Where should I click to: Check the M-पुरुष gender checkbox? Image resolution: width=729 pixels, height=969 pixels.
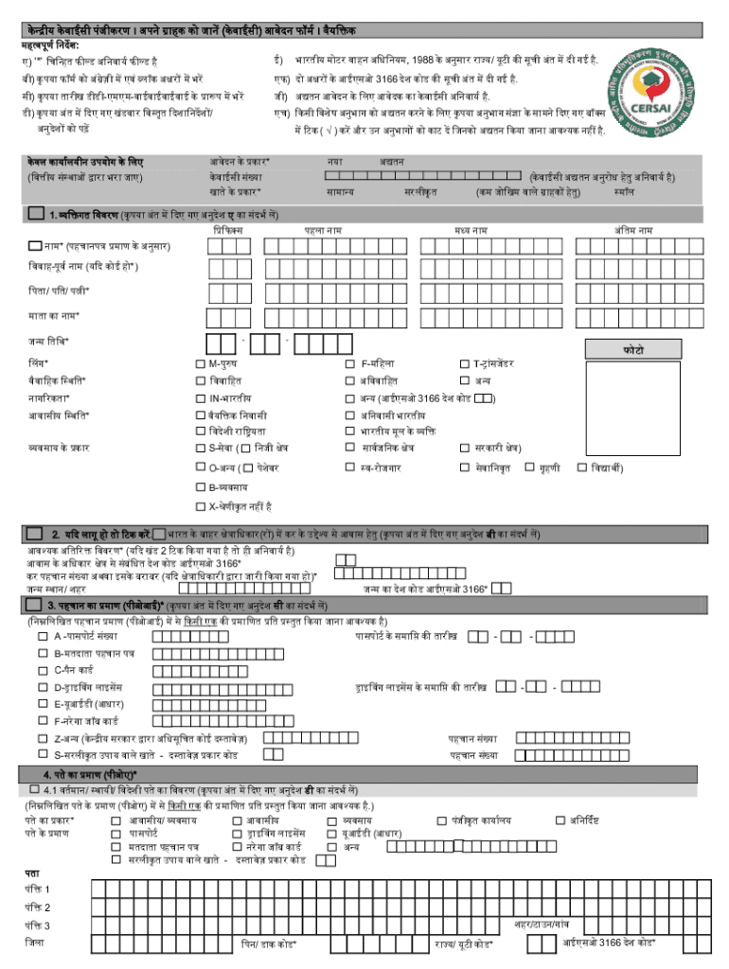coord(200,363)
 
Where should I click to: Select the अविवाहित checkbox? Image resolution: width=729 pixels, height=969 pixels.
coord(352,380)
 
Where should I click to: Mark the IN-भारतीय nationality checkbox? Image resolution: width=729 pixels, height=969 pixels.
coord(200,397)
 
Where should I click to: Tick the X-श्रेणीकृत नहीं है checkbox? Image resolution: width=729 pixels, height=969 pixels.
coord(200,504)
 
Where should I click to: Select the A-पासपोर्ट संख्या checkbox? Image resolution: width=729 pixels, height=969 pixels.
coord(43,636)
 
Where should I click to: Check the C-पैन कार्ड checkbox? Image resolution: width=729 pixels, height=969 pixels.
coord(43,670)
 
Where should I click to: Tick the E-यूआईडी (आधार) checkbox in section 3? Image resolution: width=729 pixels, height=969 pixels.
coord(43,704)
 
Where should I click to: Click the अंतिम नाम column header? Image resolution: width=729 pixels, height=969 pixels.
coord(633,230)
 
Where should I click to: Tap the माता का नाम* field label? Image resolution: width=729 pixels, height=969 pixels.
coord(52,315)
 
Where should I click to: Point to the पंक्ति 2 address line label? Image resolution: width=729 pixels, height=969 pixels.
coord(38,907)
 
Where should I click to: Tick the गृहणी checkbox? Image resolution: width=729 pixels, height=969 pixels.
coord(529,467)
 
